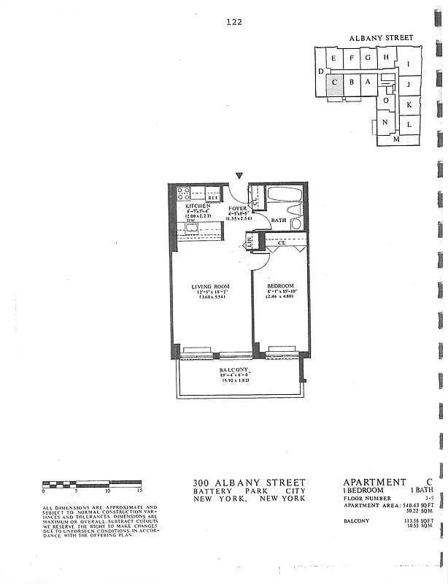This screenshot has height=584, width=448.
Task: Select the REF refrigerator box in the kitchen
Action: [214, 197]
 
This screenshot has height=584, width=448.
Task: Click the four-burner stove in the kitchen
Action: [184, 193]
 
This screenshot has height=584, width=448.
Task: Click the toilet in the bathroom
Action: [296, 223]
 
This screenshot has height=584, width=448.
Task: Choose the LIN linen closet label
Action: [250, 240]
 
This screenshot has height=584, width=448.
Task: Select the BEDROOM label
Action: [280, 285]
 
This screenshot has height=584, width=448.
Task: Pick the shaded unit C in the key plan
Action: [334, 82]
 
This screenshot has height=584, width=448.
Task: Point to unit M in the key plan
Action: [396, 139]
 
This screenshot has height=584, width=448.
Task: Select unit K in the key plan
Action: [409, 104]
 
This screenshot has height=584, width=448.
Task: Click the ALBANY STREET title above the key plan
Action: [381, 37]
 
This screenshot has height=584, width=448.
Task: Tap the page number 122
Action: [234, 22]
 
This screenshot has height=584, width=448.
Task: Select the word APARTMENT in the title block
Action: [374, 482]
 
